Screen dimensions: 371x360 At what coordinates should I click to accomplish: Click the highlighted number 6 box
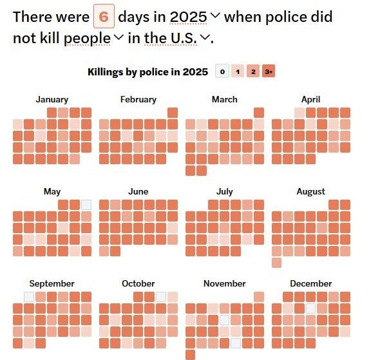tap(104, 16)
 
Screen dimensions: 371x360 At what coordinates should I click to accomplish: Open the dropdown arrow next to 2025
tap(215, 15)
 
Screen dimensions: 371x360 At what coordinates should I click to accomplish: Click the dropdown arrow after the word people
tap(119, 37)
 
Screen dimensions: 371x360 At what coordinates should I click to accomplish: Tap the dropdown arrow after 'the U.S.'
tap(205, 37)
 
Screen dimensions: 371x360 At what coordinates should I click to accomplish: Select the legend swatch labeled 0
tap(222, 71)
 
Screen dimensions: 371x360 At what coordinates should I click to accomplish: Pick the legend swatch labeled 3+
tap(269, 71)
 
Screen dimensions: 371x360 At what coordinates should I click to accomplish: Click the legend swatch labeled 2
tap(253, 71)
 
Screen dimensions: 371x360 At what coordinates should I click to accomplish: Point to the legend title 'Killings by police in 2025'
tap(148, 72)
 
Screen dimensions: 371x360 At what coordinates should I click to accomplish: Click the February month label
tap(138, 99)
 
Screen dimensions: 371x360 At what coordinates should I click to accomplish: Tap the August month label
tap(311, 191)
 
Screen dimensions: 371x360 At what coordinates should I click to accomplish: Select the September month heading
tap(52, 283)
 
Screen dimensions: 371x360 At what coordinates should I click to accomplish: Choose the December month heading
tap(311, 283)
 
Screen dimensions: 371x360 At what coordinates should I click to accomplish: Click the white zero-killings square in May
tap(86, 205)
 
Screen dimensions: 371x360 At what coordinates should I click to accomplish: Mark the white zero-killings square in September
tap(29, 297)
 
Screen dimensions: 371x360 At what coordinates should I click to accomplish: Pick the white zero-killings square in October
tap(161, 297)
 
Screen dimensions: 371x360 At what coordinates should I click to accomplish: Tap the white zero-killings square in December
tap(311, 308)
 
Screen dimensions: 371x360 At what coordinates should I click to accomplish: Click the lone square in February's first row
tap(173, 113)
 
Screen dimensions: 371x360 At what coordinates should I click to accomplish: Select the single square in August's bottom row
tap(276, 263)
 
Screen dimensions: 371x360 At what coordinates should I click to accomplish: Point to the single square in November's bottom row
tap(190, 355)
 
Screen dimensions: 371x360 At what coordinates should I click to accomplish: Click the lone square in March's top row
tap(259, 113)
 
